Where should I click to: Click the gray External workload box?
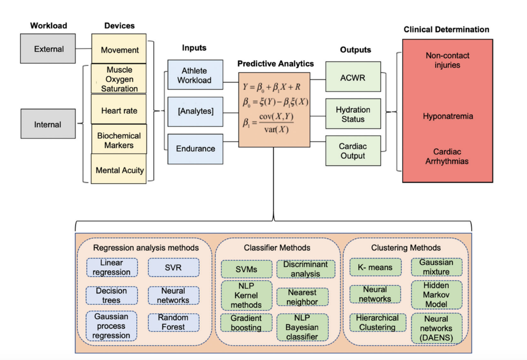48,49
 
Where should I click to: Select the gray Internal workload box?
48,124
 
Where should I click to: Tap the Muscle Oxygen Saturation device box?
119,79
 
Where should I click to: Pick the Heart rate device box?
119,110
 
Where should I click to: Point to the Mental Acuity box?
119,169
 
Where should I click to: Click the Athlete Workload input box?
195,75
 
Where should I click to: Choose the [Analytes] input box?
195,111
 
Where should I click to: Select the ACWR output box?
353,77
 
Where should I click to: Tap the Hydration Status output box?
353,114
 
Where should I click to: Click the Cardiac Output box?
353,151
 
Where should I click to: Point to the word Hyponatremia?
448,116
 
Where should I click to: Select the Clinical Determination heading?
446,29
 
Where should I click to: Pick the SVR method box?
173,268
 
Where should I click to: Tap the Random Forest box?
173,323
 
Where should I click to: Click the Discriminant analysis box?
305,269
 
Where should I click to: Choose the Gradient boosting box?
246,323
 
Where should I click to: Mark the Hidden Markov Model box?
436,295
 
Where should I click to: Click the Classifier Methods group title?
277,248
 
